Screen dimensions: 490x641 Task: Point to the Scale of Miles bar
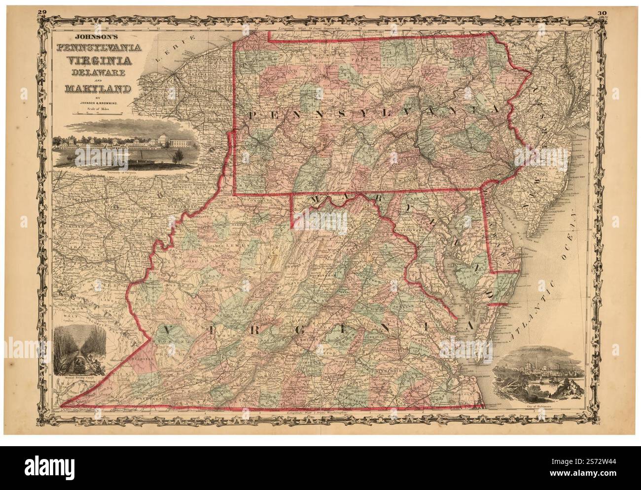pyautogui.click(x=97, y=114)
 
